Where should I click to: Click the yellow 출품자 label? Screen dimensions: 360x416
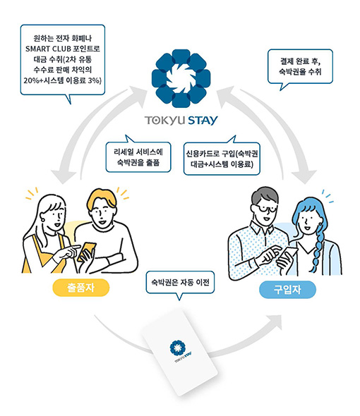pos(81,288)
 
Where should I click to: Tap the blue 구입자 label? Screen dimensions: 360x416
pos(287,290)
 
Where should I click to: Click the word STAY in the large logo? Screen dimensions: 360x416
pos(203,121)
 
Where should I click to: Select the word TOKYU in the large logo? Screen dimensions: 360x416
pos(164,121)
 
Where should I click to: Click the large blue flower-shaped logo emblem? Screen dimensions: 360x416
pos(181,78)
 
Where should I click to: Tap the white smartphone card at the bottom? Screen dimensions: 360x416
pos(179,353)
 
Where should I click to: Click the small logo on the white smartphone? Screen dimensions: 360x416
pos(179,350)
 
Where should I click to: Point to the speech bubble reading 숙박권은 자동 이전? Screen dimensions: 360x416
pos(180,283)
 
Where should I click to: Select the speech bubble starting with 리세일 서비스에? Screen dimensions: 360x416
pos(138,157)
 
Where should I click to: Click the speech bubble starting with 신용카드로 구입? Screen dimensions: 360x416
pos(222,159)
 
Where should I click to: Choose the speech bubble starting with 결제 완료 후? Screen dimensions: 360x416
pos(300,66)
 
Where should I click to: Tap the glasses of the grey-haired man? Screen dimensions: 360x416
pos(265,209)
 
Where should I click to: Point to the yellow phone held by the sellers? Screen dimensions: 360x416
pos(86,252)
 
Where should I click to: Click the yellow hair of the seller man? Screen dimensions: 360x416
pos(102,198)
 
